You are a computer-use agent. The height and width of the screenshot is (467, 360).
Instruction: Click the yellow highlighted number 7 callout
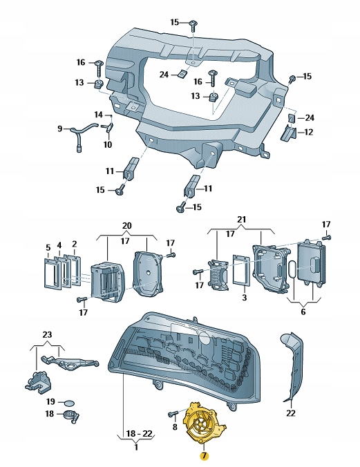click(x=203, y=456)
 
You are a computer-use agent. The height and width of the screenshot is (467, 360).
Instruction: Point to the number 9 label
click(x=60, y=128)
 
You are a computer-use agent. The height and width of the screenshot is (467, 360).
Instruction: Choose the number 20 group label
click(x=126, y=227)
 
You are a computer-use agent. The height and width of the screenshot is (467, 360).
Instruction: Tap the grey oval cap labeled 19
click(x=70, y=401)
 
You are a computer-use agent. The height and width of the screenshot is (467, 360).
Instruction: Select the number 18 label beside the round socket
click(x=50, y=414)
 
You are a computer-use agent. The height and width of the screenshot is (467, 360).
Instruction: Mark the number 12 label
click(x=308, y=132)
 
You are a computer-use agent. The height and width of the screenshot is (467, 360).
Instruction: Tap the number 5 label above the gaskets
click(x=48, y=247)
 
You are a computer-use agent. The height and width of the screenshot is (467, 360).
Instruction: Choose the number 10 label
click(x=107, y=145)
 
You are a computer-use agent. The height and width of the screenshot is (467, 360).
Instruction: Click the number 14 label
click(x=98, y=114)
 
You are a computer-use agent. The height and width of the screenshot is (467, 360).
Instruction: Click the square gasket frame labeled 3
click(x=241, y=269)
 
